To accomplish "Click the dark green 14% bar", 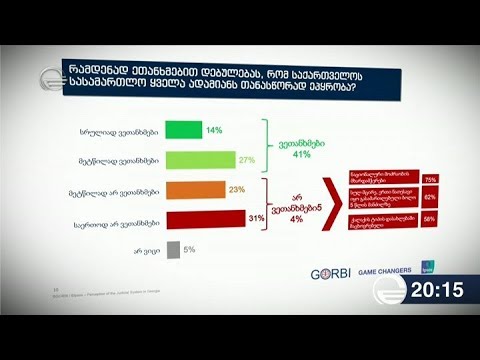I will tap(184, 129).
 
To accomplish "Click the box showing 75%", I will tap(432, 178).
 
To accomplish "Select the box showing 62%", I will tap(432, 198).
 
